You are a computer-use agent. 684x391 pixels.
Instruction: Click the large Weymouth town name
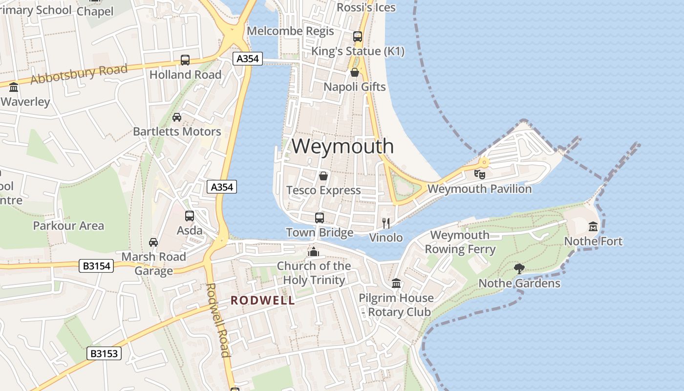tap(342, 146)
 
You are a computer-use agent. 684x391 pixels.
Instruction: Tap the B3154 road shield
tap(96, 266)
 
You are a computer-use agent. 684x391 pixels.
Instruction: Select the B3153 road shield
tap(104, 353)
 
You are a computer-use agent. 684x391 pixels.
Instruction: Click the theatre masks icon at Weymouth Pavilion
tap(480, 174)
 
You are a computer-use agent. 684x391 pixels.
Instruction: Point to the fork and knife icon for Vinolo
tap(386, 223)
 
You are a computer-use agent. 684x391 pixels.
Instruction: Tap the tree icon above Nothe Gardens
tap(519, 268)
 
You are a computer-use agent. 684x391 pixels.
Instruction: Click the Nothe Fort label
tap(593, 241)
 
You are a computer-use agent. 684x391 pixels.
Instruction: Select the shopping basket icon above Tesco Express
tap(323, 176)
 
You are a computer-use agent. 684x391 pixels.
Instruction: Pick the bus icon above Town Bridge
tap(320, 218)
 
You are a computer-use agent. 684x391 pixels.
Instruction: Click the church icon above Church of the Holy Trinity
tap(313, 252)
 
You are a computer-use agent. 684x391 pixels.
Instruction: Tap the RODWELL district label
tap(263, 300)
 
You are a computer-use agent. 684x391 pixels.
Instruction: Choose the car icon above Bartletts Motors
tap(177, 117)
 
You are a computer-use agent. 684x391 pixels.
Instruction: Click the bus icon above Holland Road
tap(185, 60)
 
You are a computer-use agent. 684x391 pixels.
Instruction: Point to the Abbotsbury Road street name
tap(79, 74)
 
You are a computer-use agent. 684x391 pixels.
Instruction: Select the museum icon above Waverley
tap(14, 87)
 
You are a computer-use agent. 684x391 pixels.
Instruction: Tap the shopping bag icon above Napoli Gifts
tap(355, 73)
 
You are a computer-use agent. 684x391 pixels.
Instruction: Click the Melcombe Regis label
tap(290, 31)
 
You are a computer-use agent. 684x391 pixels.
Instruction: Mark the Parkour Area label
tap(68, 226)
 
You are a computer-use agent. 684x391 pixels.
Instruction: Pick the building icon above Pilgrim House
tap(396, 283)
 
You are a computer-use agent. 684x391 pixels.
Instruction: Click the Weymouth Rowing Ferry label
tap(460, 242)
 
